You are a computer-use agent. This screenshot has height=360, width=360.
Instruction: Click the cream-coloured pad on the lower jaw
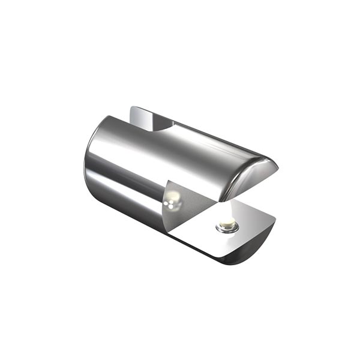coord(226,224)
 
